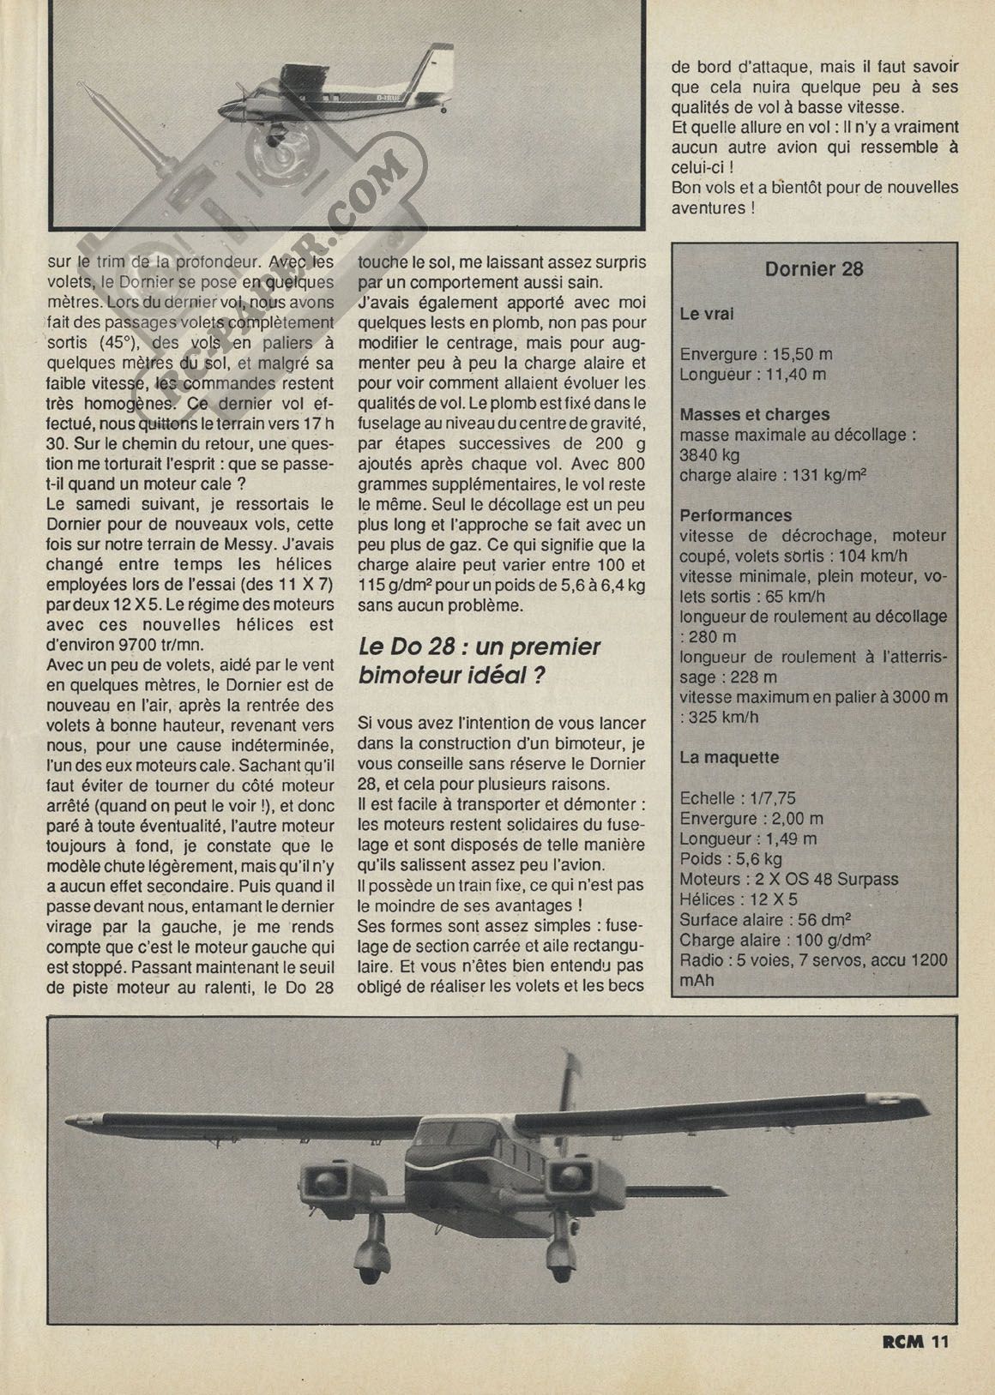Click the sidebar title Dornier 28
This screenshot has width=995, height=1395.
click(813, 269)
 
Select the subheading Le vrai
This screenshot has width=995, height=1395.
click(706, 314)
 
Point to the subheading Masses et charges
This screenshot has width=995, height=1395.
click(754, 415)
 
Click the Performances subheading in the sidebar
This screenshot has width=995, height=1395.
click(735, 516)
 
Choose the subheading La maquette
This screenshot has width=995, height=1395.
click(729, 758)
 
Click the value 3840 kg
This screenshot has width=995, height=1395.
click(709, 455)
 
